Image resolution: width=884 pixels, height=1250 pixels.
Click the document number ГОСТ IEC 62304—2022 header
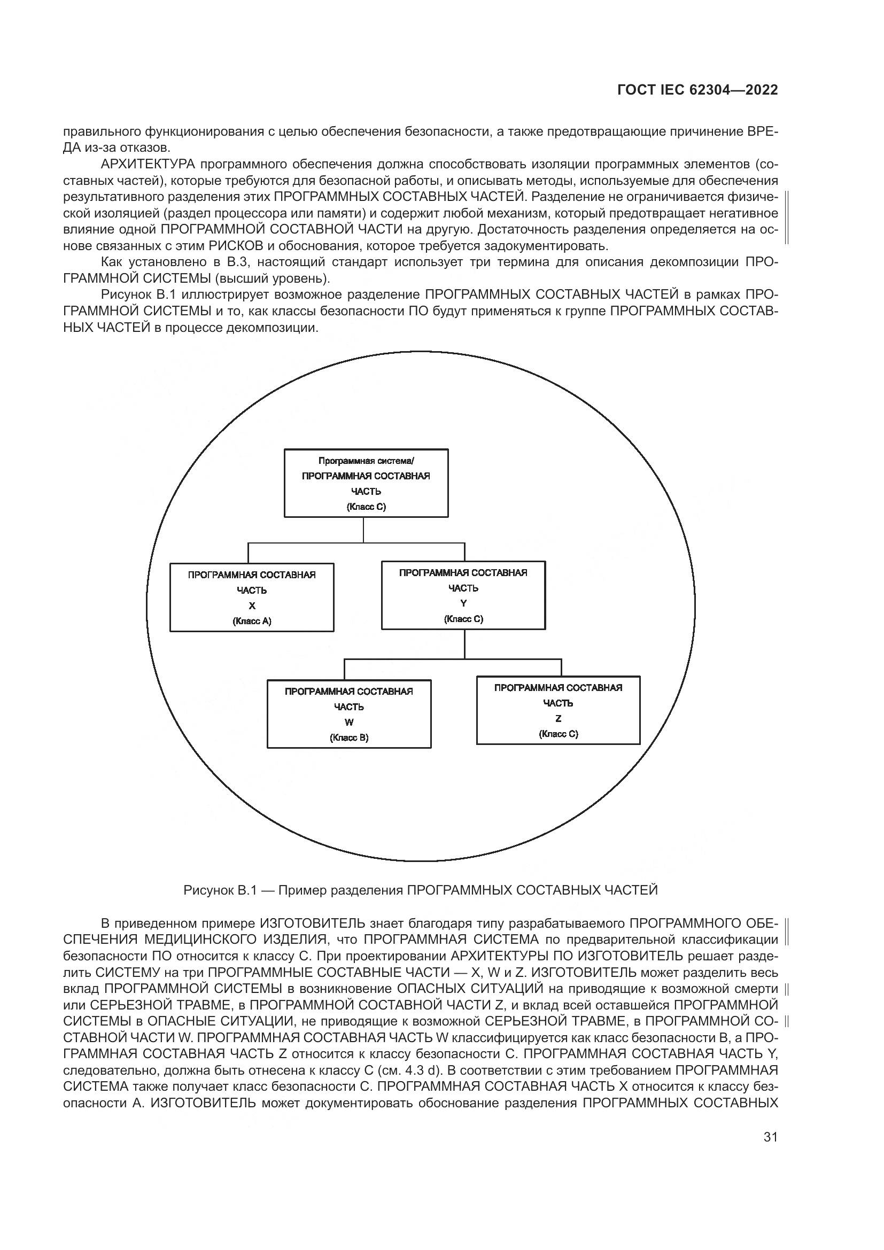(697, 90)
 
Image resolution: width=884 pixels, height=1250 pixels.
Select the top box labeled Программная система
(366, 483)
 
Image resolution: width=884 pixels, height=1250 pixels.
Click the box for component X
(252, 597)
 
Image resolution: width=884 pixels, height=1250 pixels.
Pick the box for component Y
(463, 595)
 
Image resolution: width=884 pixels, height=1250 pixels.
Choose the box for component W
(349, 714)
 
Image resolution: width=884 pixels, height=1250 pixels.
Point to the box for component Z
(558, 710)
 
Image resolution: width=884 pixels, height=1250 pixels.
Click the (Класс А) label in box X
(252, 621)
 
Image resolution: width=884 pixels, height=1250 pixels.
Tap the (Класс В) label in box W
(349, 737)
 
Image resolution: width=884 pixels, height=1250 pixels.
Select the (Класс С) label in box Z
(558, 734)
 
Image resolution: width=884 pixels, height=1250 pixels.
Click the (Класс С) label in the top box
(366, 507)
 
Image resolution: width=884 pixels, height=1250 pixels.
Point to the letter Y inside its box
(463, 603)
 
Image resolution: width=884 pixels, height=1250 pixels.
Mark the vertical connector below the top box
(363, 529)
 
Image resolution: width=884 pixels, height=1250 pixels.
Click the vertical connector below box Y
(464, 645)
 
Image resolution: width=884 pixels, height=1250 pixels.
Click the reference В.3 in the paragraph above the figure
(237, 262)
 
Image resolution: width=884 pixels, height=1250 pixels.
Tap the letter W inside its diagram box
(349, 723)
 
